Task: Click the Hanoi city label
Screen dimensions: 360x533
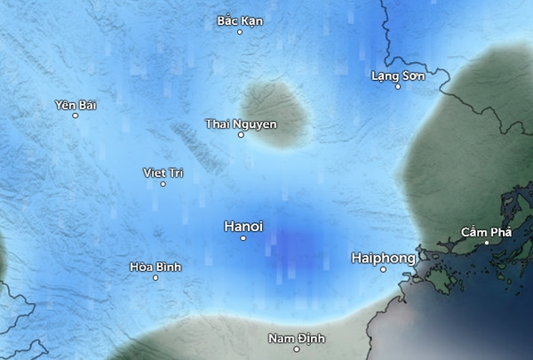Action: click(243, 226)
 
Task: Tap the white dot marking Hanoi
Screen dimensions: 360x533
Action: click(243, 238)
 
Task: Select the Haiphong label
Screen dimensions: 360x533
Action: click(383, 258)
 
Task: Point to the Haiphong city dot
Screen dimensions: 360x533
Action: click(384, 269)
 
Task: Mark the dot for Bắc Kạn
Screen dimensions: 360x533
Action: click(240, 32)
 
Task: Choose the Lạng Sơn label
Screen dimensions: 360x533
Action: click(397, 76)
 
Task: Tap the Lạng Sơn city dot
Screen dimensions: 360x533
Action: click(397, 87)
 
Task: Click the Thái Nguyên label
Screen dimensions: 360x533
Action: click(241, 124)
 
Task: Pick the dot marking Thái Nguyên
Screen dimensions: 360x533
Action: click(241, 135)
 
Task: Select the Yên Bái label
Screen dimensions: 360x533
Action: click(75, 105)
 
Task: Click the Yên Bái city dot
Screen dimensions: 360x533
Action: click(76, 116)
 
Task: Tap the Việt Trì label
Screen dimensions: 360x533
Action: click(163, 172)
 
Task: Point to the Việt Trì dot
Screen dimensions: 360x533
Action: click(163, 184)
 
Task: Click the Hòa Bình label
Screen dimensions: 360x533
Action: click(155, 266)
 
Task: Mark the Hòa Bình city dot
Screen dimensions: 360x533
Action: click(155, 277)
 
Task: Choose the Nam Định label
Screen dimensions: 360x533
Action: click(297, 338)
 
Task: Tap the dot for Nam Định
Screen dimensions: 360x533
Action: click(297, 349)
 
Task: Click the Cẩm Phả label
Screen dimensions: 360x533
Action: click(486, 231)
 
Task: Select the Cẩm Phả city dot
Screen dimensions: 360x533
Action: click(487, 243)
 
